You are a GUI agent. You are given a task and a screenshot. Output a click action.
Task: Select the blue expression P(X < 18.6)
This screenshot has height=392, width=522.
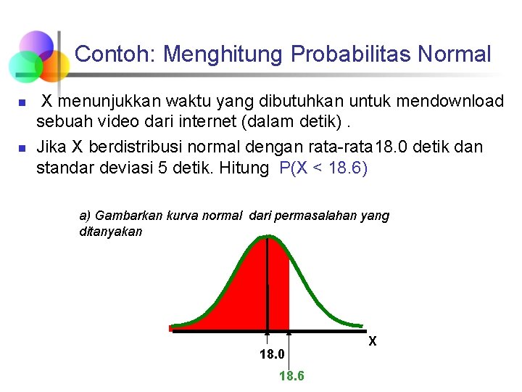323,168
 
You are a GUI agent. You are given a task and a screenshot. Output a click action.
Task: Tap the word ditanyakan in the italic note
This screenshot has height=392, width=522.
110,232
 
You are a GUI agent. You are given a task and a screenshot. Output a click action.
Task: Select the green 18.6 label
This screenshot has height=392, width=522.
291,375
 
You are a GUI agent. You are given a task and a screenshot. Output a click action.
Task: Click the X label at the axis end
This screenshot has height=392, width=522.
372,340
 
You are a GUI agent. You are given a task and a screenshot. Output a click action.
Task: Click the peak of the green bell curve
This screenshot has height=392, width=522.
268,235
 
